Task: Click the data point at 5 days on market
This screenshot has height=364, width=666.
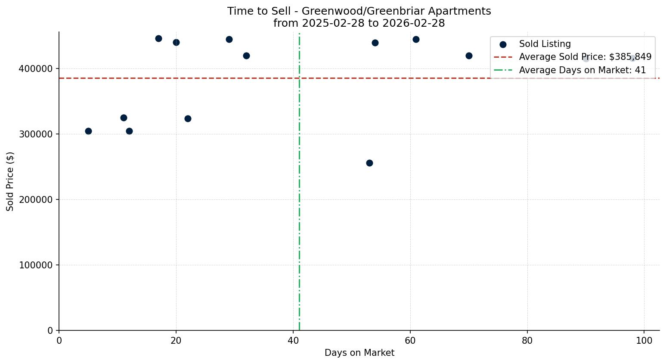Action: pos(88,131)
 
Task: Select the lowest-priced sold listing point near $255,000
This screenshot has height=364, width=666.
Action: pos(369,163)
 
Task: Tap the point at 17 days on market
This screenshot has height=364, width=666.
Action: pos(158,38)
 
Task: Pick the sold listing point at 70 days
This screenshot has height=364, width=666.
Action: pos(469,56)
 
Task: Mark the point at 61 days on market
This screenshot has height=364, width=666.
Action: pos(416,39)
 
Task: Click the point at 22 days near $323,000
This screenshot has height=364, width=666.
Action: pos(188,118)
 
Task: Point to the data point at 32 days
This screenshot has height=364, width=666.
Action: pos(246,56)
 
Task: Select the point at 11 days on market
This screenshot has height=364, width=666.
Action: pos(124,118)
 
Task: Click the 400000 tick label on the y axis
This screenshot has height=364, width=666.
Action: pos(36,69)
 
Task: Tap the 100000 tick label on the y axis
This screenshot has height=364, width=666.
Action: pos(36,265)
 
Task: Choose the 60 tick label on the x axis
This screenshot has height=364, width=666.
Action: pos(410,340)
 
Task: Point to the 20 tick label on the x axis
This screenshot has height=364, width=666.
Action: pos(176,340)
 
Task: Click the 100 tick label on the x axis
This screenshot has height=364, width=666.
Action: pos(644,340)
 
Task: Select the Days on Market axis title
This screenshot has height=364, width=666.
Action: pos(359,353)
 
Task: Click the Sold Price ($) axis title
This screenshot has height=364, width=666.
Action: pos(10,181)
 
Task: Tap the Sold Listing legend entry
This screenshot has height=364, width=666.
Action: pos(545,44)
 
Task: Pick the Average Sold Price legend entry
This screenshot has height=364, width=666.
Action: pos(585,57)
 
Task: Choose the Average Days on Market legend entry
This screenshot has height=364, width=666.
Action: pos(582,70)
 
